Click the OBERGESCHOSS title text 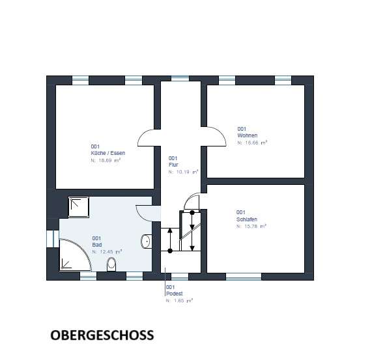(x=102, y=335)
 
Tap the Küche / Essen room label (x=107, y=152)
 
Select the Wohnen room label (x=248, y=135)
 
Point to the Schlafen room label (x=247, y=219)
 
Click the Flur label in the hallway (x=173, y=165)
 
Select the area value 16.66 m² (x=253, y=141)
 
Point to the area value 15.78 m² (x=252, y=227)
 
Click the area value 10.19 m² (x=183, y=173)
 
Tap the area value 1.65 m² (x=179, y=301)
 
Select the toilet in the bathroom (x=111, y=264)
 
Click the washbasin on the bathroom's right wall (x=147, y=242)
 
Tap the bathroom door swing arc (x=145, y=213)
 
